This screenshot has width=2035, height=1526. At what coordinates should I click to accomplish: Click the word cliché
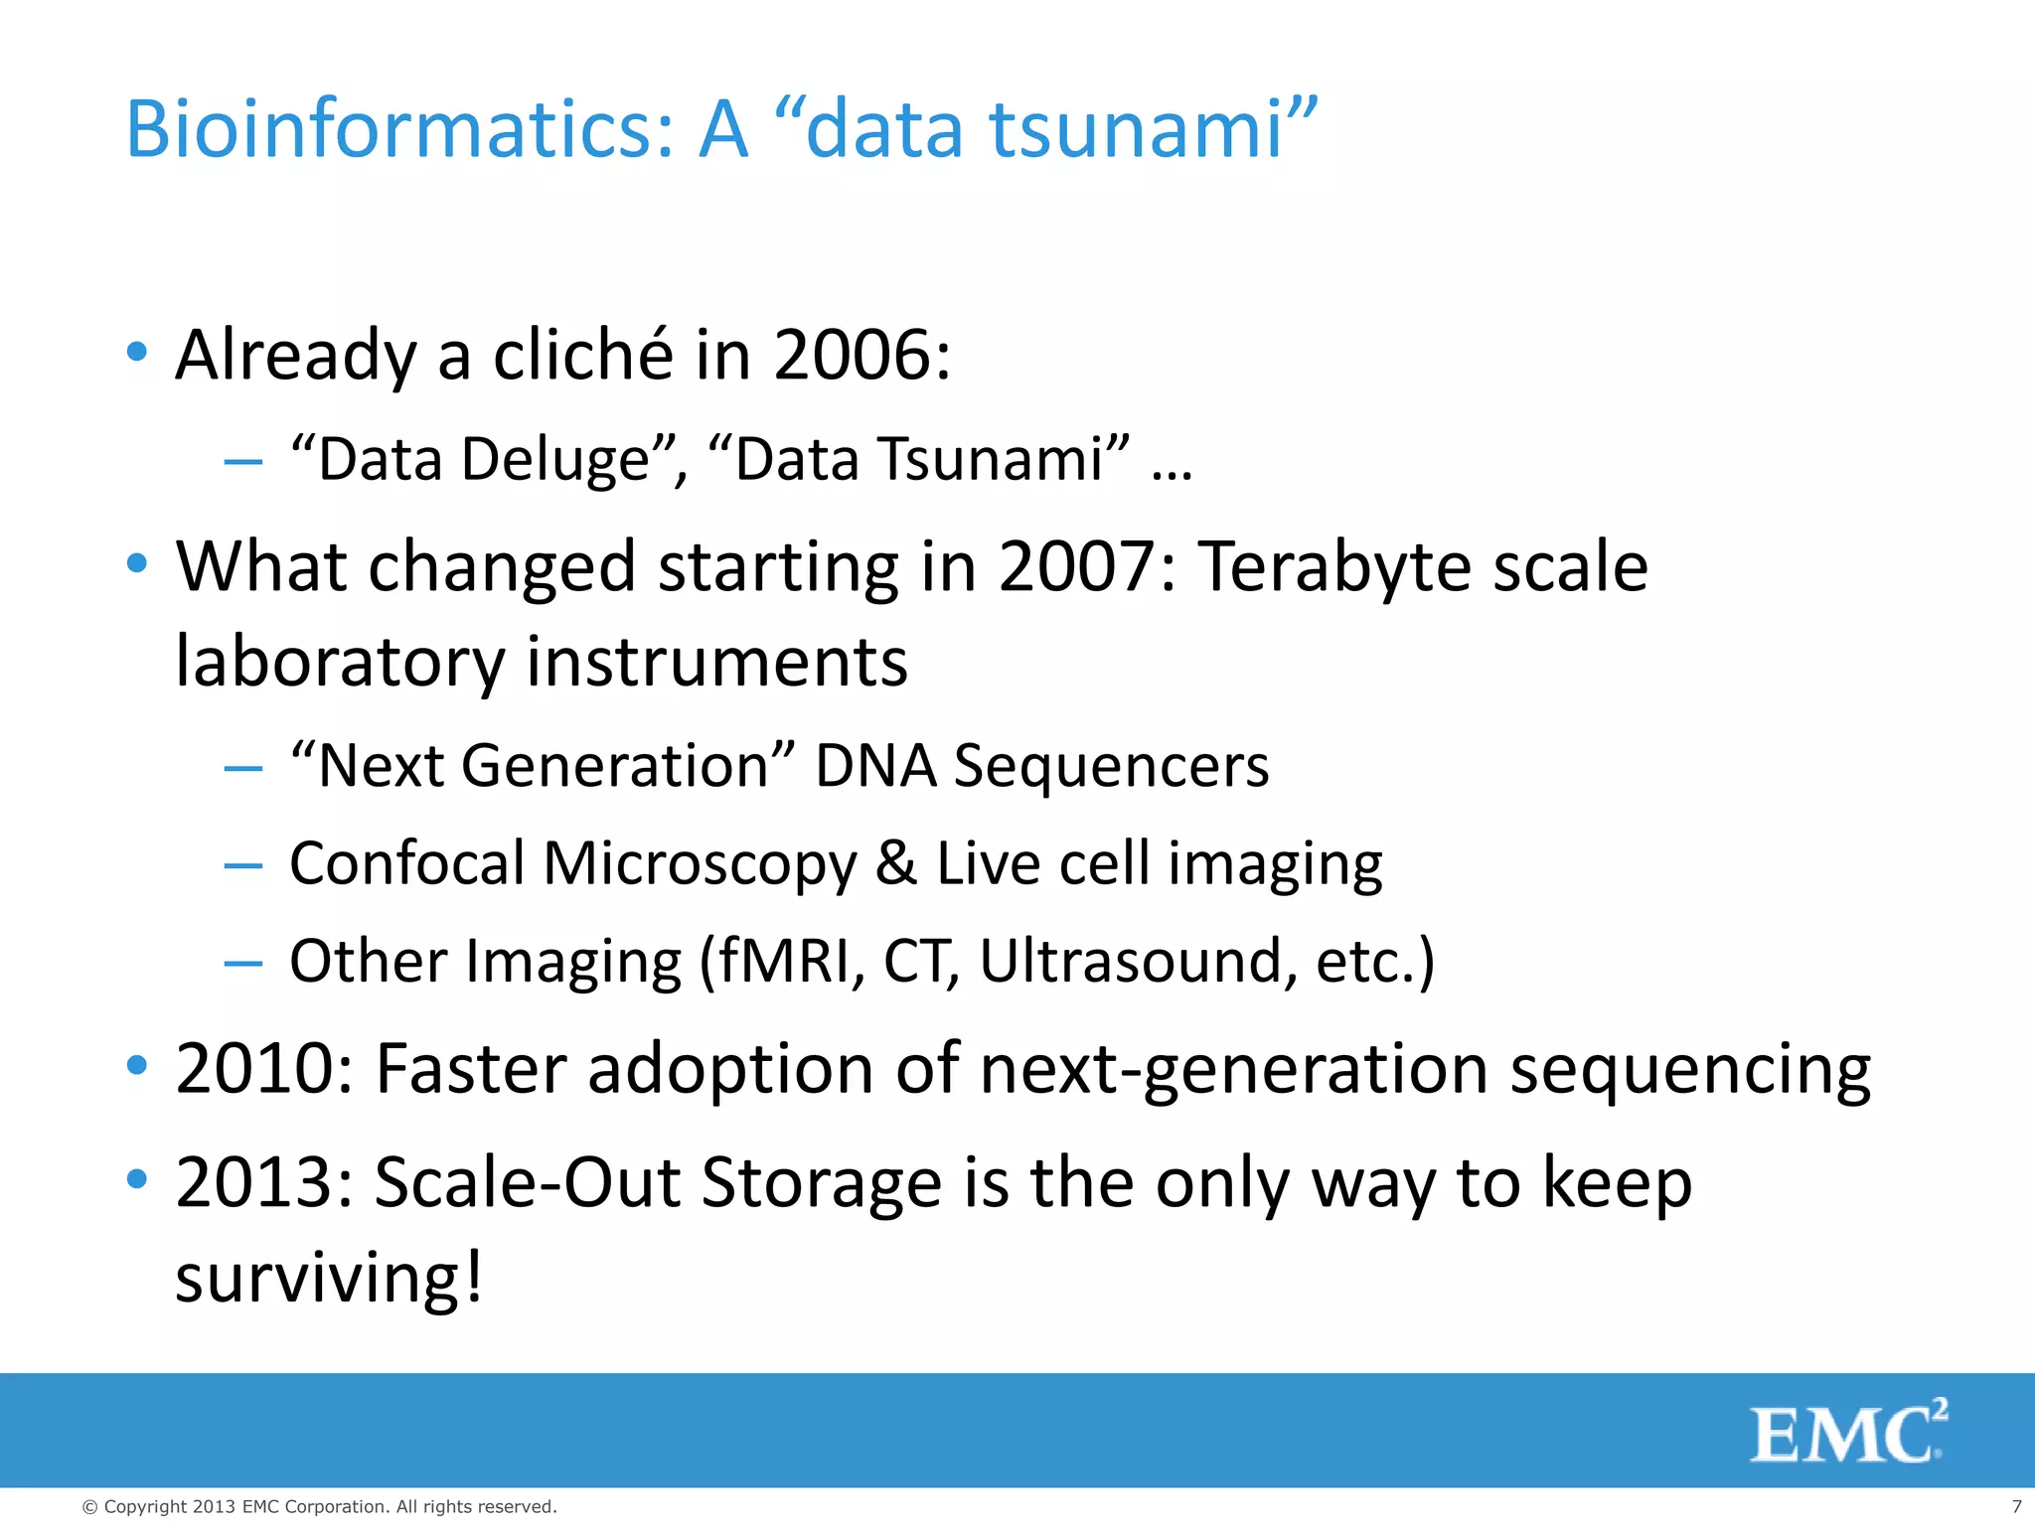tap(582, 355)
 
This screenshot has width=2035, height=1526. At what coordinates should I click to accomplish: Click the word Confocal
tap(406, 862)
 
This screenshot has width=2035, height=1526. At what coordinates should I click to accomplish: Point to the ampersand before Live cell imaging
tap(895, 862)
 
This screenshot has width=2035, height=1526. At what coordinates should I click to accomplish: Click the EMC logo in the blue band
tap(1846, 1433)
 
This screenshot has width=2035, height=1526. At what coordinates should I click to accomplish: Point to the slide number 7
tap(2016, 1507)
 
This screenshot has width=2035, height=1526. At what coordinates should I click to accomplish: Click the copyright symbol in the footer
tap(89, 1507)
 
